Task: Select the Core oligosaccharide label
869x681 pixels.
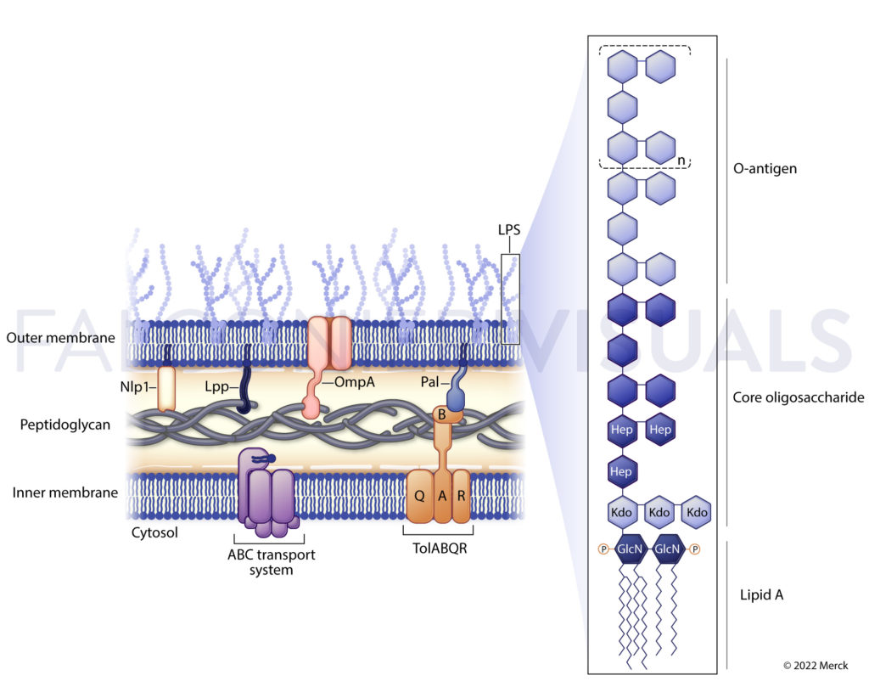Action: (x=798, y=397)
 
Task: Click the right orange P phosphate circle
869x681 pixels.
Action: (x=694, y=549)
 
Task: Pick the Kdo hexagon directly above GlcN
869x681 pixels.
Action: (x=623, y=513)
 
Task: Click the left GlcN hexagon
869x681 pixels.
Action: (x=631, y=549)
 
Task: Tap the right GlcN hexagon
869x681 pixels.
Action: (x=668, y=549)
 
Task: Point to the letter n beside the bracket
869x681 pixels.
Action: (x=681, y=160)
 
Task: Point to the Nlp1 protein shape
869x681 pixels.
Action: (x=166, y=388)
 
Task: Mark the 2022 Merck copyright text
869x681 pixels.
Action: (x=816, y=665)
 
